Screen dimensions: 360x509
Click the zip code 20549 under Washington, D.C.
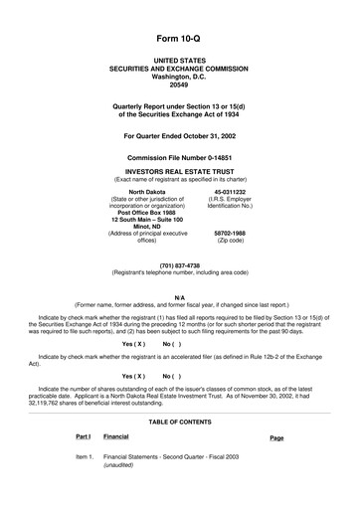coord(179,84)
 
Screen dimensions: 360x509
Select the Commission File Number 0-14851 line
coord(179,157)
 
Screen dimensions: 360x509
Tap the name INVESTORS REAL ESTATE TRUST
coord(179,169)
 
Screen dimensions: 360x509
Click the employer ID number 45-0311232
coord(230,191)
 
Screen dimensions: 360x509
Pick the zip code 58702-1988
coord(230,233)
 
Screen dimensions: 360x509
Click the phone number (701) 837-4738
coord(179,265)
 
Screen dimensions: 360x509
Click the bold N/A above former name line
coord(179,297)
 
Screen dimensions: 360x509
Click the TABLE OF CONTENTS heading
coord(179,422)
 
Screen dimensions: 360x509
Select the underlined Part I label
coord(83,436)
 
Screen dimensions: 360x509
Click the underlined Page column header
coord(276,437)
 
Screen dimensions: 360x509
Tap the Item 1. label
coord(84,456)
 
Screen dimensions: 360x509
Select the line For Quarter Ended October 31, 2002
coord(179,134)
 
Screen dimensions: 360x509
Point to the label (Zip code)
coord(230,240)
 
